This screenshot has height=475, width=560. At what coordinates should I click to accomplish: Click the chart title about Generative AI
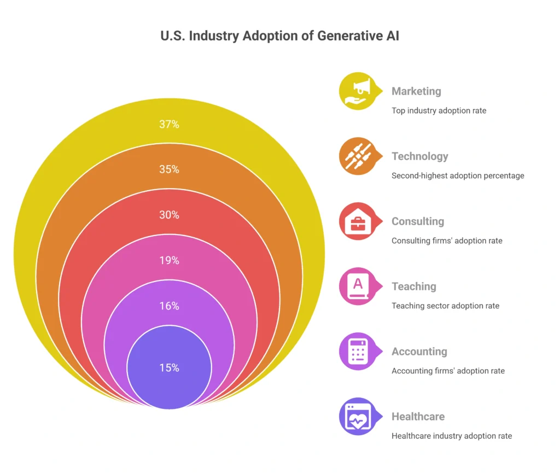(x=279, y=36)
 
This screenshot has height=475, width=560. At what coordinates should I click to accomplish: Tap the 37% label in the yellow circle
(x=169, y=124)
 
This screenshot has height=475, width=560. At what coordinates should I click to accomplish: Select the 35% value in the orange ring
(x=169, y=169)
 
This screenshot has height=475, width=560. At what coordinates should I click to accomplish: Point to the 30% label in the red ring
(x=169, y=215)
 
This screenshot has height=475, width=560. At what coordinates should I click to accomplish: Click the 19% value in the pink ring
(x=169, y=260)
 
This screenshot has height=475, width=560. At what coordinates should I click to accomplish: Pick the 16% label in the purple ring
(x=169, y=306)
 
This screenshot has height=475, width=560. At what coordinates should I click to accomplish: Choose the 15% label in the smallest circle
(x=169, y=368)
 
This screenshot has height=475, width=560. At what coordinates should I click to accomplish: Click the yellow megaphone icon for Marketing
(x=358, y=91)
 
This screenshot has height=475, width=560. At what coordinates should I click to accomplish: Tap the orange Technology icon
(x=358, y=156)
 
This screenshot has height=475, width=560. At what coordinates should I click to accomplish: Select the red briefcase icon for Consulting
(x=358, y=221)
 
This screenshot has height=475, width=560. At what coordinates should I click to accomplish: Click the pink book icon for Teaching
(x=358, y=286)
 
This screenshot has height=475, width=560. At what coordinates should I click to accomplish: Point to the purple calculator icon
(x=358, y=351)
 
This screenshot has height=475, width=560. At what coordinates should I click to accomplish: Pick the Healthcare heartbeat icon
(x=358, y=417)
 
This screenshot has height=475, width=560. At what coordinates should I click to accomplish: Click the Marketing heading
(x=416, y=91)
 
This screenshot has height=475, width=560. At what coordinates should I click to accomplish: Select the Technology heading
(x=419, y=156)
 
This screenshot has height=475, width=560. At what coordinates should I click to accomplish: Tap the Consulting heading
(x=418, y=221)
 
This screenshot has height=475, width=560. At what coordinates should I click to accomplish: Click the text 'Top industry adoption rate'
(x=439, y=110)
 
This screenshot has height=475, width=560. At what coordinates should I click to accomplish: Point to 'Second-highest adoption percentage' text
(x=458, y=175)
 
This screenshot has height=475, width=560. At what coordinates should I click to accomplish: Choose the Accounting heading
(x=419, y=351)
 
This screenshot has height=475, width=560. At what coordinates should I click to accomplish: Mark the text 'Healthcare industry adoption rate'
(x=452, y=436)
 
